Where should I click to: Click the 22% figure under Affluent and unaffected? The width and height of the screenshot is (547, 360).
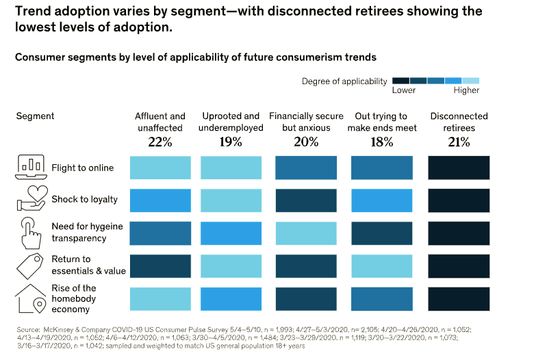pos(160,142)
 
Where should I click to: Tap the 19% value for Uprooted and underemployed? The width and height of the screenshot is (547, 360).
pos(231,142)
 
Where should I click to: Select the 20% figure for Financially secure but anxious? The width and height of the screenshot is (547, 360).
pos(306,142)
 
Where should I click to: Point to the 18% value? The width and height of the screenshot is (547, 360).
pos(381,142)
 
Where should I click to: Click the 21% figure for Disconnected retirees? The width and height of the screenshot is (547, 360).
pos(459,142)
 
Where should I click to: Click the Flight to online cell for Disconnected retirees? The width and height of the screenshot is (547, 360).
pos(459,168)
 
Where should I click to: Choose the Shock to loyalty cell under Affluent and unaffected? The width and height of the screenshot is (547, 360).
pos(160,200)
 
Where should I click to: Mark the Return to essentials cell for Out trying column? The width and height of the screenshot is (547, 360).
pos(381,266)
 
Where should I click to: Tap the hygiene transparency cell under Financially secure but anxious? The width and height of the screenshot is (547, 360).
pos(306,233)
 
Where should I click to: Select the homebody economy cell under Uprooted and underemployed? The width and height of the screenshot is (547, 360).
pos(231,298)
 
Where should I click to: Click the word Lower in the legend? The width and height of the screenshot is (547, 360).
pos(403,90)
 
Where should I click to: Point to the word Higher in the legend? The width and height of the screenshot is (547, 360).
pos(466,90)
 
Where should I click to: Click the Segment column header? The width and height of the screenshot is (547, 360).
pos(35,116)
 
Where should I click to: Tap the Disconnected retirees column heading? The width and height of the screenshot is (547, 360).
pos(459,122)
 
